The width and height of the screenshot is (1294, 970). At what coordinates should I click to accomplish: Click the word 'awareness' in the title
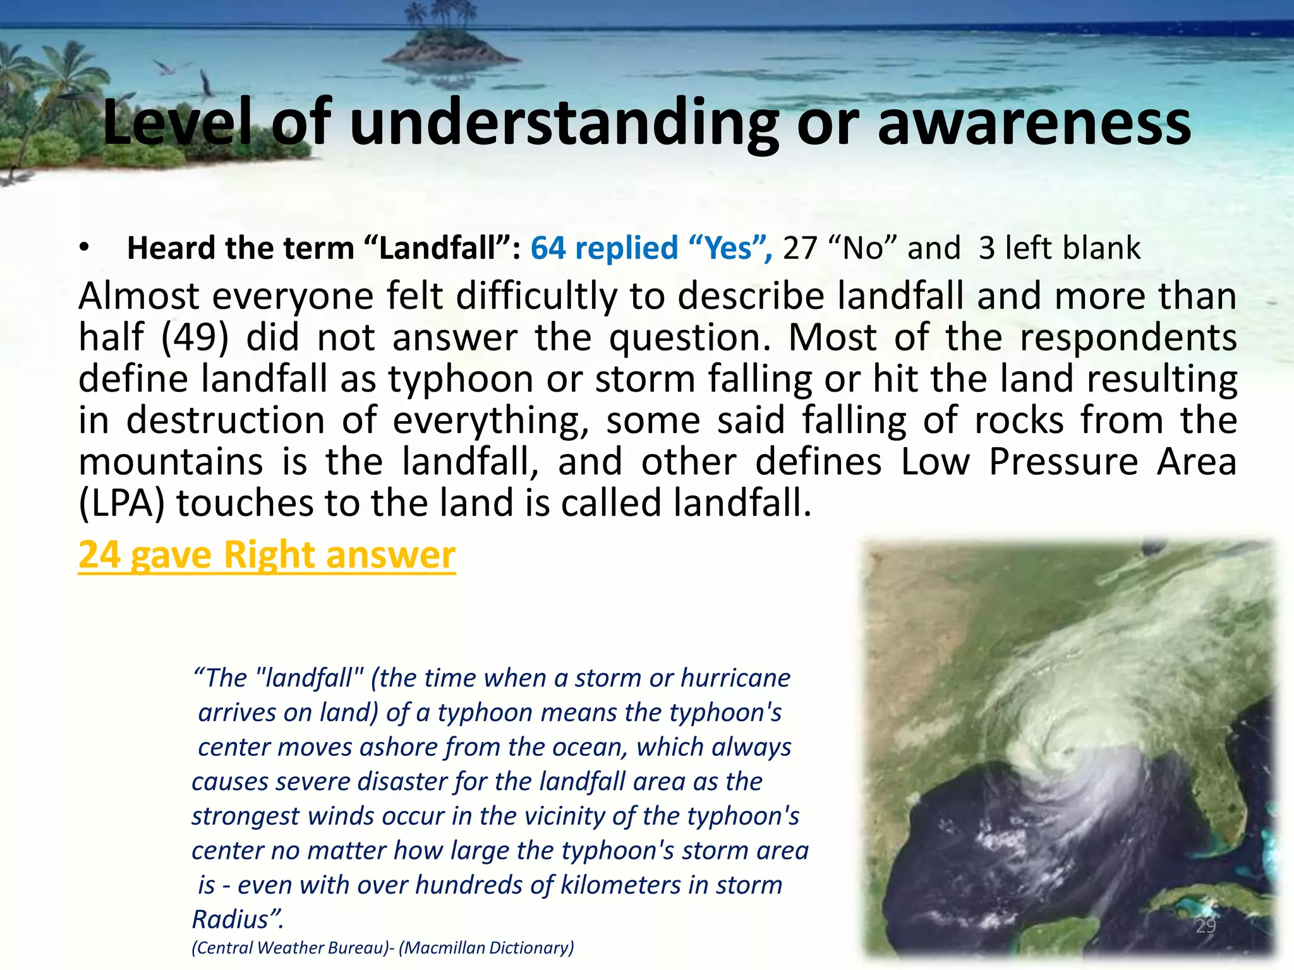(1034, 123)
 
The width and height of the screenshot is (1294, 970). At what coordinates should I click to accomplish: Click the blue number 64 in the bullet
(548, 248)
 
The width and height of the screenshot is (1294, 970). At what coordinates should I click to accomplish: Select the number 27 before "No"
(800, 248)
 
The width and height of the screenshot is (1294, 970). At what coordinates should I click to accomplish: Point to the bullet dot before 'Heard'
(85, 248)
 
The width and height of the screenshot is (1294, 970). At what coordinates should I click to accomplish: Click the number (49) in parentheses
(195, 337)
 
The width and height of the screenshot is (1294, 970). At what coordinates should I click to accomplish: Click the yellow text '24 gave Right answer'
(267, 555)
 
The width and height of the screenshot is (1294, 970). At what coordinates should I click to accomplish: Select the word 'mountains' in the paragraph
(171, 462)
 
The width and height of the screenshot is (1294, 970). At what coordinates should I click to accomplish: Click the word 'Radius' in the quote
(230, 919)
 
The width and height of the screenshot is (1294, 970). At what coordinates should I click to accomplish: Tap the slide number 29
(1206, 926)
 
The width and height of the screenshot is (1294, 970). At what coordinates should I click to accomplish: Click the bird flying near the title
(207, 85)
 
